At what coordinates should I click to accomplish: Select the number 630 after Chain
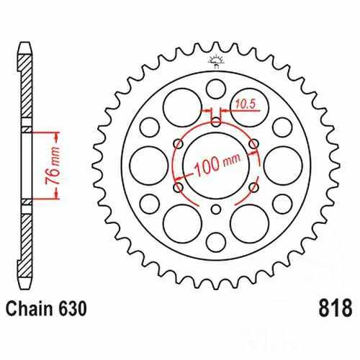[74, 330]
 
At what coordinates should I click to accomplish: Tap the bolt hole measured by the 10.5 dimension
[215, 120]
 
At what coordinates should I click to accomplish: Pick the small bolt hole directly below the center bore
[216, 209]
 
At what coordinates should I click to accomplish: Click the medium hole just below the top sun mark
[215, 89]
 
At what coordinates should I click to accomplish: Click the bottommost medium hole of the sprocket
[215, 239]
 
